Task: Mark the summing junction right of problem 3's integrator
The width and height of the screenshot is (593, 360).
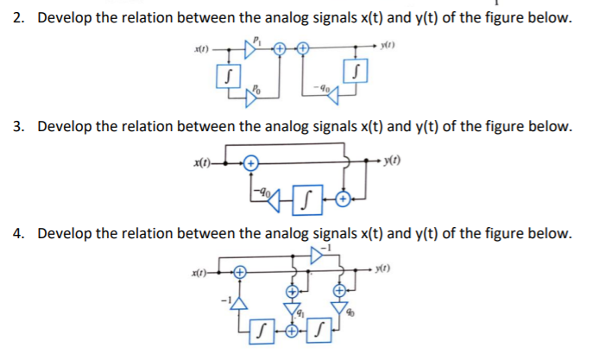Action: pyautogui.click(x=344, y=200)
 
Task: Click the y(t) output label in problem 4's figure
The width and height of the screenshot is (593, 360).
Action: pyautogui.click(x=377, y=270)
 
